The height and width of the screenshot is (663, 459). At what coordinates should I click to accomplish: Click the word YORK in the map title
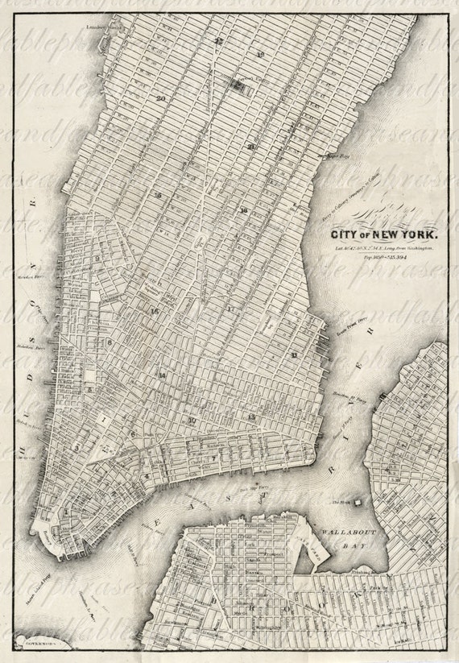coord(415,235)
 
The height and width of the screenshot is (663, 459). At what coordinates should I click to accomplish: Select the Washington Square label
coord(152,290)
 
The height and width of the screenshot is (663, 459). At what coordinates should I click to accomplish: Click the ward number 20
coord(161,98)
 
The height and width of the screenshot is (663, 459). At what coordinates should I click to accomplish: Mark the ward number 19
coord(261,55)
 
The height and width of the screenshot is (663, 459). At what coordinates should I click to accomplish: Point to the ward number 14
coord(162,376)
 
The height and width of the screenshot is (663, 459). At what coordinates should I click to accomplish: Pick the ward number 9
coord(97,259)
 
